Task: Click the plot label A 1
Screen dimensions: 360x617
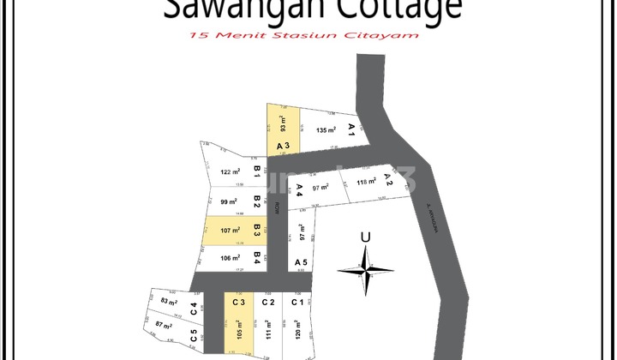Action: point(351,129)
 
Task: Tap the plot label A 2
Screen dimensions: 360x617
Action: point(387,179)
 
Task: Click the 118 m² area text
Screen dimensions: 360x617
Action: point(367,182)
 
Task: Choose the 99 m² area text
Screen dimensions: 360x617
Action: point(229,202)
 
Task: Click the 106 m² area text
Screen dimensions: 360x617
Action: point(229,257)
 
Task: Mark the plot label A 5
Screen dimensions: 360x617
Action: point(301,261)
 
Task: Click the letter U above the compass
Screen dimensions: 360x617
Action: point(366,237)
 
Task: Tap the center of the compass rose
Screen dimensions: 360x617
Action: point(366,271)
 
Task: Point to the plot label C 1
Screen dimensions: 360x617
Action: point(297,302)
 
